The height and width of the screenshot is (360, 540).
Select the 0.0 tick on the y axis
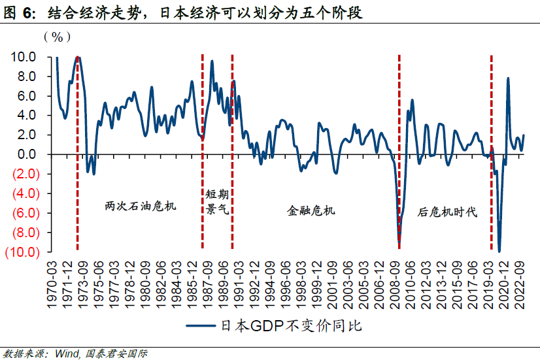(27, 155)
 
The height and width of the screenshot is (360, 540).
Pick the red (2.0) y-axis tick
(24, 174)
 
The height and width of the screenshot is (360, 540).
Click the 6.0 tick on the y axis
(27, 96)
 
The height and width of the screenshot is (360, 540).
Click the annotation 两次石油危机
(141, 206)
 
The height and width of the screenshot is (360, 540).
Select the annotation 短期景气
(216, 203)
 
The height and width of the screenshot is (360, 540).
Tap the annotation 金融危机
(311, 210)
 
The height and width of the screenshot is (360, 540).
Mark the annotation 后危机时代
(447, 212)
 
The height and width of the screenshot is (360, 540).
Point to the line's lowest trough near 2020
(499, 252)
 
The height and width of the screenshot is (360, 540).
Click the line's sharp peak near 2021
(508, 78)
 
